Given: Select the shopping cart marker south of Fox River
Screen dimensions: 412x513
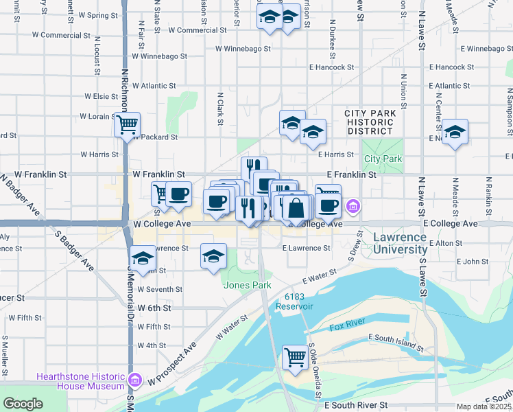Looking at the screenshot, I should pos(295,356).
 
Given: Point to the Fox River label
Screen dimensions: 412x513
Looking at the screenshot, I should pos(345,328).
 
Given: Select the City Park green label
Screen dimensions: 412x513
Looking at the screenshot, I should pos(383,159).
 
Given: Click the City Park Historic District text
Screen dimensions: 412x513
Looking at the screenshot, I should pos(370,122).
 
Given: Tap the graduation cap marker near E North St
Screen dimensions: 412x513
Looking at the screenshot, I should pos(455,132).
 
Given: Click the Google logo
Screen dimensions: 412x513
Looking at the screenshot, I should pos(23,404).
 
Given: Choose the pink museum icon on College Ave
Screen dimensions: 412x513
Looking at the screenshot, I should pos(353,205).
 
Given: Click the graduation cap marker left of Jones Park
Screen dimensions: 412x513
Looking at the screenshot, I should pos(213,255).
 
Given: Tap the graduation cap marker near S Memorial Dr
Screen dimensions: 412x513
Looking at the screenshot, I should pos(143,258).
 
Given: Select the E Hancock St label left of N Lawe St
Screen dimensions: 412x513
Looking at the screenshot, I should pos(331,67).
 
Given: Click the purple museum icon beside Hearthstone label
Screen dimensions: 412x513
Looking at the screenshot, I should pos(135,380).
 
